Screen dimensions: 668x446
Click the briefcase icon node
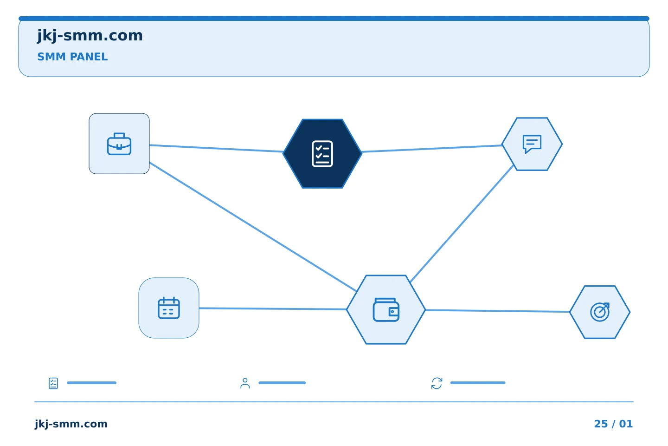[119, 144]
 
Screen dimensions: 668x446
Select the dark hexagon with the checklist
[322, 154]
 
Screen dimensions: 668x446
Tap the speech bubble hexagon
[532, 144]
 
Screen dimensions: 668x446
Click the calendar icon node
[169, 308]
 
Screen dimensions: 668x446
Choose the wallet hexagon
[386, 309]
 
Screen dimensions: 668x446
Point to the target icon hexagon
[600, 312]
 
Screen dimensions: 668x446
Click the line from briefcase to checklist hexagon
[216, 149]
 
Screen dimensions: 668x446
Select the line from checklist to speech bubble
[432, 149]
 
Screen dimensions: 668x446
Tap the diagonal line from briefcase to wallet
[253, 227]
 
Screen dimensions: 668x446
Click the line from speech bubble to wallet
[462, 224]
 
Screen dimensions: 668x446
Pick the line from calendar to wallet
[273, 308]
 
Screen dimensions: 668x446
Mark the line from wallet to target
[497, 311]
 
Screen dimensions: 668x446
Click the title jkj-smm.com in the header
[90, 36]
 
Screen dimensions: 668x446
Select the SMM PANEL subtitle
[72, 57]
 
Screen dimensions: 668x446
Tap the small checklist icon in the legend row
[53, 383]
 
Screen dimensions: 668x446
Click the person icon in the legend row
[245, 384]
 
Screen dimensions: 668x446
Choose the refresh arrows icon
[437, 383]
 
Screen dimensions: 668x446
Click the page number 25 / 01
[613, 424]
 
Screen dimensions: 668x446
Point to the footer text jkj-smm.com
[71, 424]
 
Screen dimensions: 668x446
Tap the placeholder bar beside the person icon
[282, 383]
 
